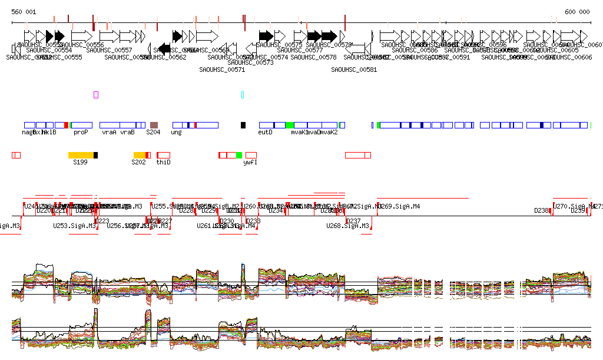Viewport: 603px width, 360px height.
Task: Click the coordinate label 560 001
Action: pos(24,12)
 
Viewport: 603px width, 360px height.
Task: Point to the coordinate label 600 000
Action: pos(577,12)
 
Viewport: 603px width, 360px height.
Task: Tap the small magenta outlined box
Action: pos(96,94)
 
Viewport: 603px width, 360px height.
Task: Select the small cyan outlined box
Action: pos(242,94)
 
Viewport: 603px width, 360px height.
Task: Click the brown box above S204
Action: pos(154,125)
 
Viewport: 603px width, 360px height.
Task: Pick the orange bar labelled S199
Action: pos(81,154)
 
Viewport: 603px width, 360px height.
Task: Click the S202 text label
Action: pos(138,162)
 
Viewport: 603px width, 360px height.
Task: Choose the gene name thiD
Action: pos(163,162)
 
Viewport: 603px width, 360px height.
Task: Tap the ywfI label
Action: pos(250,162)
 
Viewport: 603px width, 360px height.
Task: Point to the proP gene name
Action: pos(81,133)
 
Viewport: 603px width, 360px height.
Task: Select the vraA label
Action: pos(109,133)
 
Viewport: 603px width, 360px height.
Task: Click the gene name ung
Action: pos(176,133)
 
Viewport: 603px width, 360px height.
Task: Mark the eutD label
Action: pos(266,133)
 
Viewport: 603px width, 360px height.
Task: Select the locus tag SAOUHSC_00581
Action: pos(353,70)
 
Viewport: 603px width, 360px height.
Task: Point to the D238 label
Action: pos(541,210)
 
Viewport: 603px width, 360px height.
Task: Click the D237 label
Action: pos(353,221)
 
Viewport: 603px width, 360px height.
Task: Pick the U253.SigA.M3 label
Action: pos(74,226)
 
